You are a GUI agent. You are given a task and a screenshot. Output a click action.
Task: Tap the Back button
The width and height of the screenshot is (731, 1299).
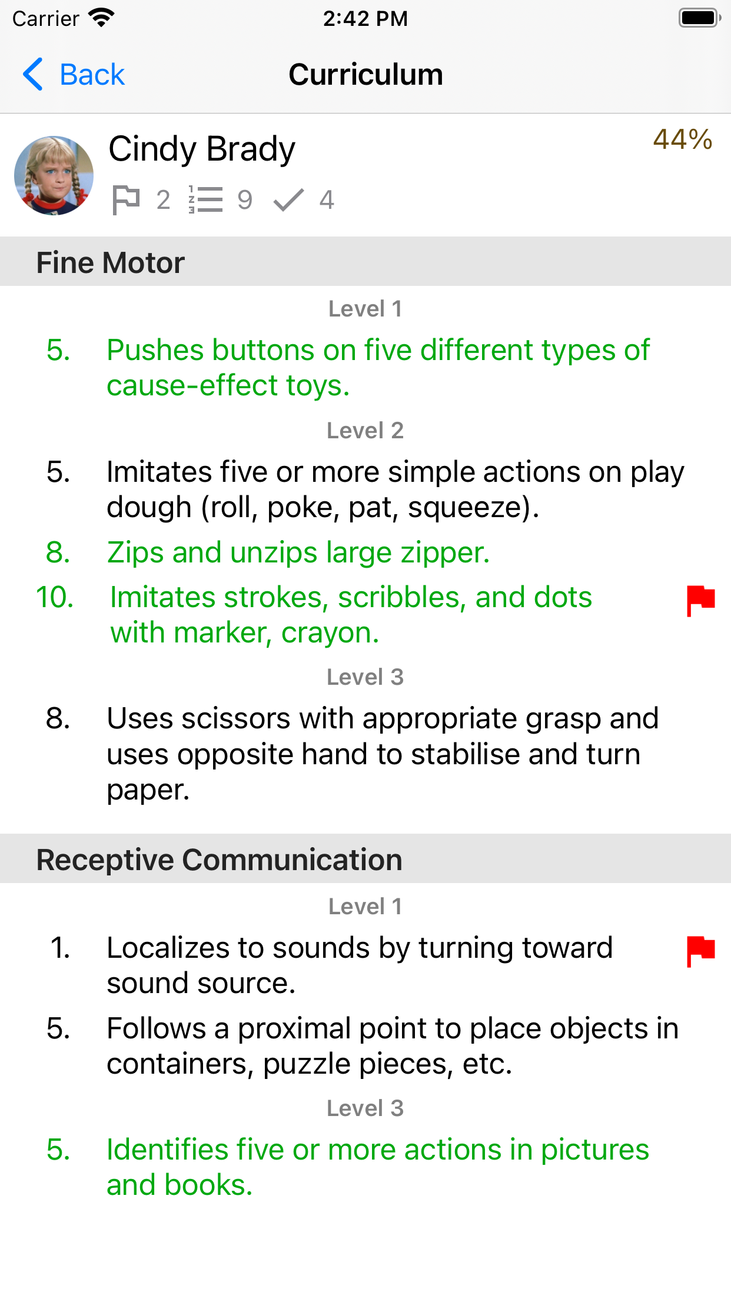(x=74, y=75)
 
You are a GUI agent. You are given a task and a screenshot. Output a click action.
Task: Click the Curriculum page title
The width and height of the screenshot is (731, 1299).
(x=365, y=75)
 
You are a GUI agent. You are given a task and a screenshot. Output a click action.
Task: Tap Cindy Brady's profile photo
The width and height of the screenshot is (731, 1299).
(x=54, y=175)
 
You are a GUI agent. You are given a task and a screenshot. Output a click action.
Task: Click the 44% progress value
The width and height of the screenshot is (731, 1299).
(x=682, y=139)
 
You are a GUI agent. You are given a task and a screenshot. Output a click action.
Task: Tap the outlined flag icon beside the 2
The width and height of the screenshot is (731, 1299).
(x=125, y=200)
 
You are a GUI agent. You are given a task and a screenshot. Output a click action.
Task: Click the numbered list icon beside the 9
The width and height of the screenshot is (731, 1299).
(x=205, y=200)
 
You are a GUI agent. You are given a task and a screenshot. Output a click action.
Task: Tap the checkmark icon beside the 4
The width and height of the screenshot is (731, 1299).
(x=288, y=200)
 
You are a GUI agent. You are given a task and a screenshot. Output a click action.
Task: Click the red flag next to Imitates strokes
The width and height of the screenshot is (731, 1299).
(x=700, y=600)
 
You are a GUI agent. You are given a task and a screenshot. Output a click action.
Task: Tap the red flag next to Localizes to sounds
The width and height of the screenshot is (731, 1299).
(x=700, y=950)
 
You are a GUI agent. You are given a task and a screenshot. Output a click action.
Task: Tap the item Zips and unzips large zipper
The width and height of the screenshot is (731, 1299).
(x=298, y=552)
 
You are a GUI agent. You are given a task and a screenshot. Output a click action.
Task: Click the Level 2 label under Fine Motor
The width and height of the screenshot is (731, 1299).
(x=365, y=431)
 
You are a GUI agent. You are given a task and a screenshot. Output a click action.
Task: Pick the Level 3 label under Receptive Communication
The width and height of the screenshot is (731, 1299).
(x=365, y=1108)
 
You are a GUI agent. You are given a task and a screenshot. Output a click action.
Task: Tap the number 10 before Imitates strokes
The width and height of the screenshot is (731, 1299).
(x=55, y=597)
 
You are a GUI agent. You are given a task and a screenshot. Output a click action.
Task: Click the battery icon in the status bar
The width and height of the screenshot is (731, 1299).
(x=699, y=18)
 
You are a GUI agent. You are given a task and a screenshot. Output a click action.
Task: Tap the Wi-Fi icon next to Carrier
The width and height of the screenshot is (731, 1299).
(x=101, y=18)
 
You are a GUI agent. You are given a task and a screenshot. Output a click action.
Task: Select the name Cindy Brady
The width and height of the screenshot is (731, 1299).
(x=201, y=149)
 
